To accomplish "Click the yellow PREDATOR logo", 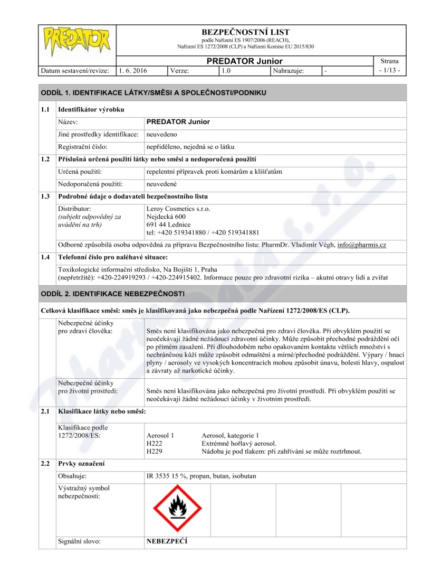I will pyautogui.click(x=77, y=41).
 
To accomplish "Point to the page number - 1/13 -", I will pyautogui.click(x=389, y=70).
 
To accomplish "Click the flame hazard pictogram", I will pyautogui.click(x=178, y=508).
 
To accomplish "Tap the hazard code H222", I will pyautogui.click(x=154, y=443).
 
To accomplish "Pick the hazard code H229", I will pyautogui.click(x=154, y=452).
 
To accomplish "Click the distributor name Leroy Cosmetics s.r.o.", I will pyautogui.click(x=178, y=209).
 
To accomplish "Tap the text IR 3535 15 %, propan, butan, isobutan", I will pyautogui.click(x=201, y=476).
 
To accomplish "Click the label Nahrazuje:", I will pyautogui.click(x=289, y=70).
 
